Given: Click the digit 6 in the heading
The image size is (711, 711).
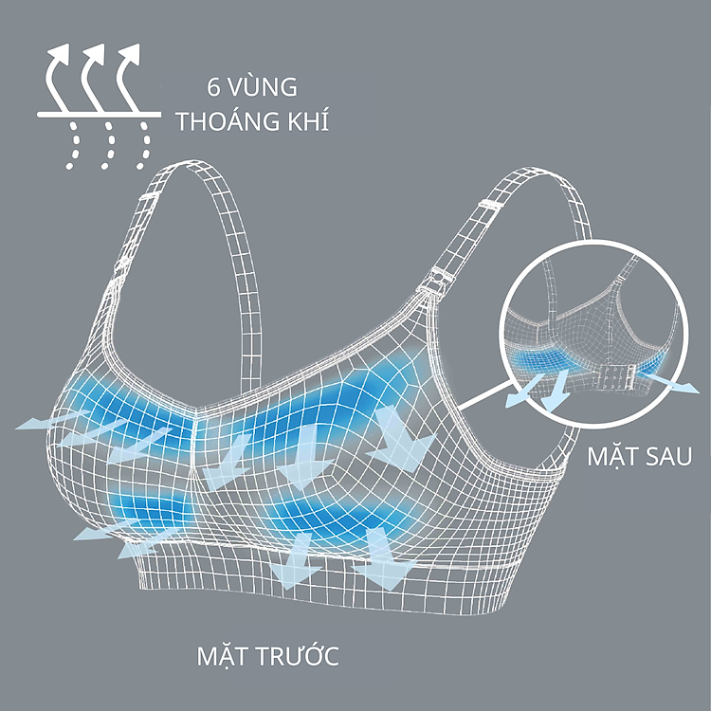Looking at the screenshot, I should pyautogui.click(x=215, y=87).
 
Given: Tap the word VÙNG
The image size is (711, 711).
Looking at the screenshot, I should pyautogui.click(x=264, y=87).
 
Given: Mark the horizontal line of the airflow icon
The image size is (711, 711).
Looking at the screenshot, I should pyautogui.click(x=95, y=116).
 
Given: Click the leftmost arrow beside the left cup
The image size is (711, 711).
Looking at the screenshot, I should pyautogui.click(x=43, y=421).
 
